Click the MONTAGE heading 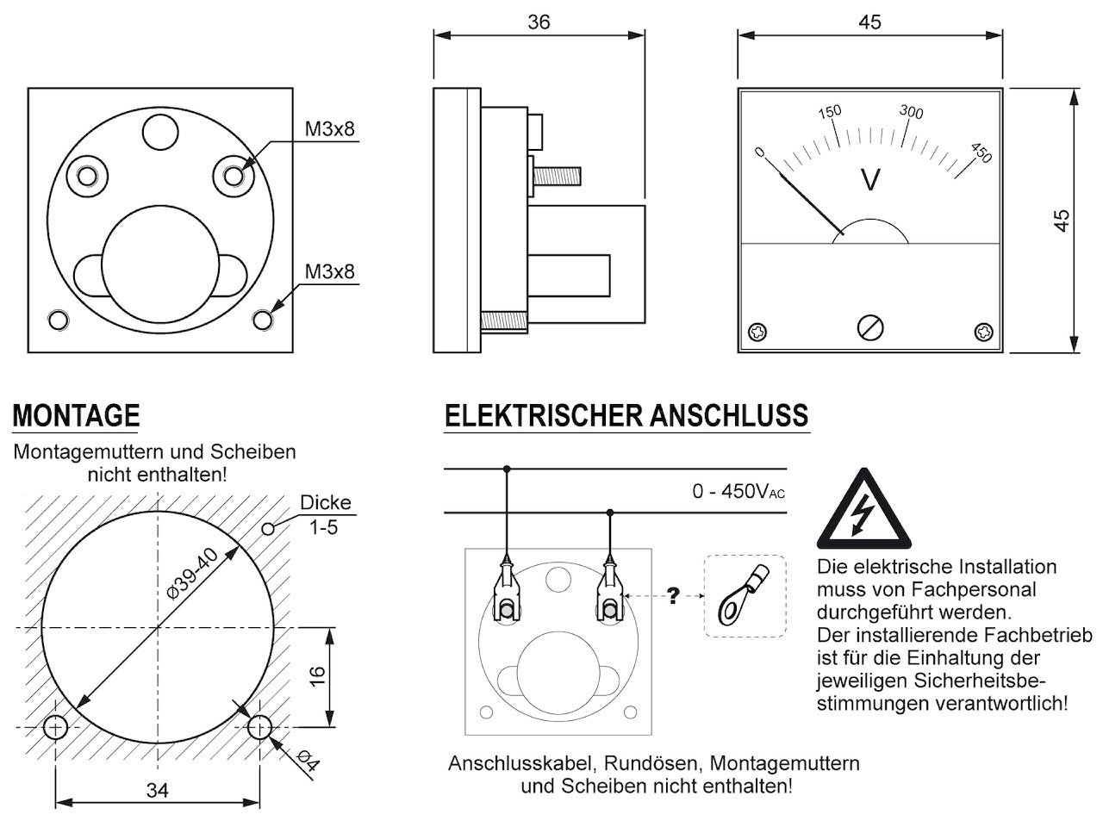(x=76, y=416)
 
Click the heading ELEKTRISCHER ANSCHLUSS (x=626, y=416)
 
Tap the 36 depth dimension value (x=539, y=22)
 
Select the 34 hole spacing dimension (x=157, y=790)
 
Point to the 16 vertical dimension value (x=317, y=677)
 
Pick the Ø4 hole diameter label (x=308, y=761)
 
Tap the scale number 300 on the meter (x=911, y=112)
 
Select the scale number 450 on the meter (x=981, y=152)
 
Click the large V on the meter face (x=871, y=180)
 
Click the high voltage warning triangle (x=862, y=513)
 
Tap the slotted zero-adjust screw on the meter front (x=870, y=327)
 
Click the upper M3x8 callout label (x=329, y=129)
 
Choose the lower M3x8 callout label (x=329, y=272)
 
